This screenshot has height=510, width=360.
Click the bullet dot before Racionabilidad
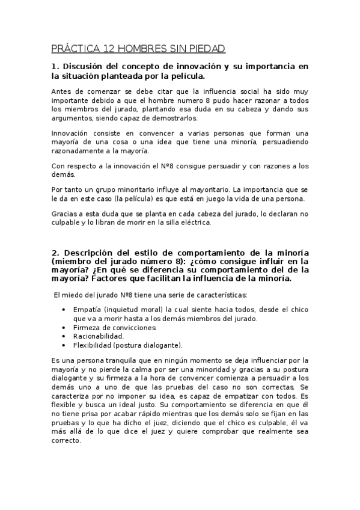click(x=64, y=336)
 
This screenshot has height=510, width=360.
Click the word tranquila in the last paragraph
click(x=123, y=360)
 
